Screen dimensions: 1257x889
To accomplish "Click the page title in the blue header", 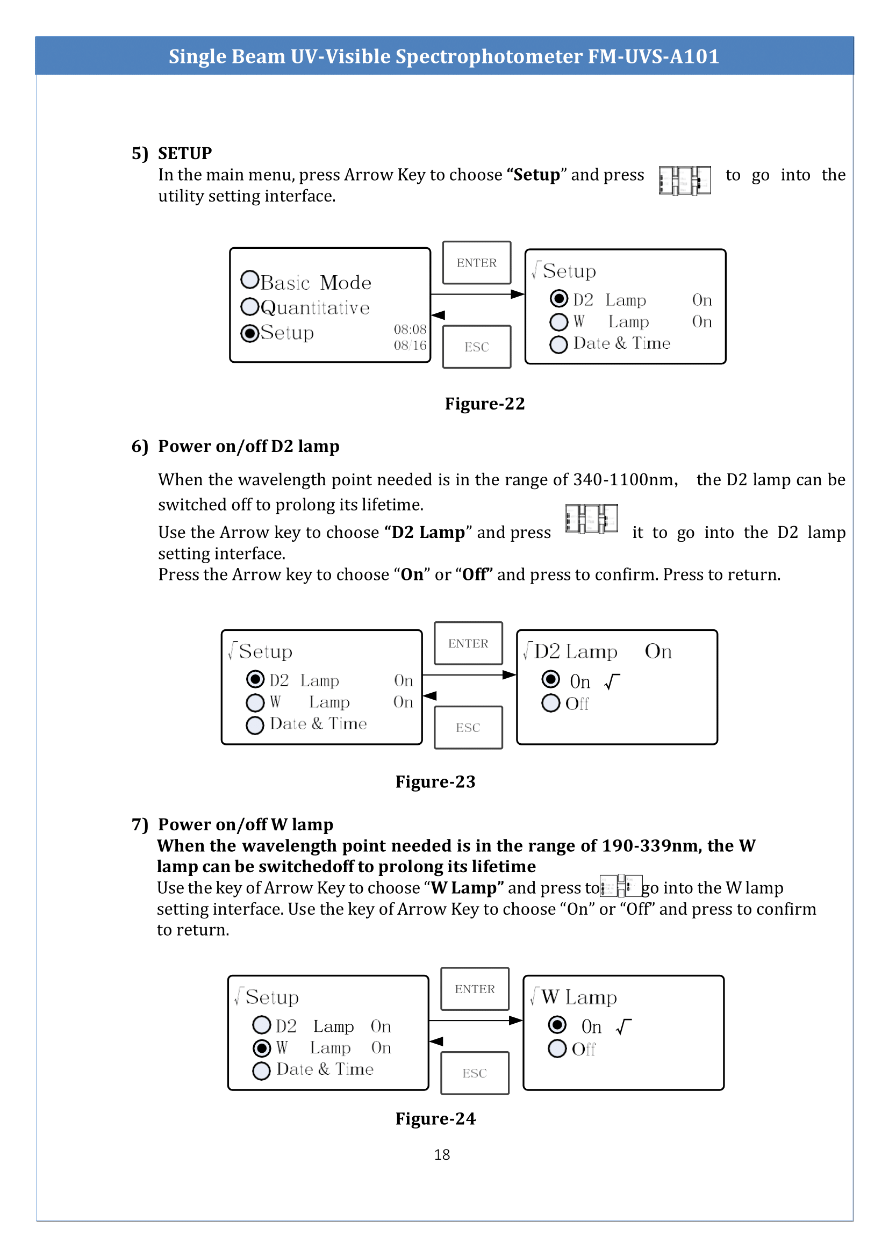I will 443,56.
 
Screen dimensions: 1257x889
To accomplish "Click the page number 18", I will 442,1154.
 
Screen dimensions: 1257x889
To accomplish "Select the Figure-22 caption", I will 484,404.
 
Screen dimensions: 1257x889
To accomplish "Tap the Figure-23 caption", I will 435,781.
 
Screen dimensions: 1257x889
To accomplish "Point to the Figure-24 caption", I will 435,1118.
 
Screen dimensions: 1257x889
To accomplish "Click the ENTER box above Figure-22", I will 477,263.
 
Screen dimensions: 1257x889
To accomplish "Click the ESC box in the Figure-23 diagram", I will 468,728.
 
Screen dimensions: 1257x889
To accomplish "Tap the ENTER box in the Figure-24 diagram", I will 475,989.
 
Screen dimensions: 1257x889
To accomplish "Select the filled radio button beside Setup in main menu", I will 249,333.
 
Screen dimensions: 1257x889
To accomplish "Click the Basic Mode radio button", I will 249,280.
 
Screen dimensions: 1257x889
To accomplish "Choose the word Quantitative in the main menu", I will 316,308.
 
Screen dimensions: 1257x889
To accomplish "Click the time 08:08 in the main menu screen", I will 410,329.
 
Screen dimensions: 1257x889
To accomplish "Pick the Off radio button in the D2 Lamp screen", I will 551,702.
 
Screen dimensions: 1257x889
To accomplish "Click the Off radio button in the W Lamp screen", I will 557,1048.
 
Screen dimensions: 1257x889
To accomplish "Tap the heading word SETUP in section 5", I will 184,153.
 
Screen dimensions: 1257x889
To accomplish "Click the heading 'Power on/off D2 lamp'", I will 248,446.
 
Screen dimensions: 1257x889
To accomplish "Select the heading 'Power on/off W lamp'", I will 245,824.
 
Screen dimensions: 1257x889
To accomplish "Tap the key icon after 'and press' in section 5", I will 684,180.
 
